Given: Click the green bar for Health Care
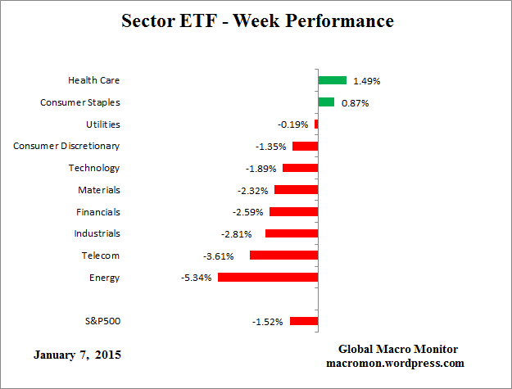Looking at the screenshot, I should click(332, 80).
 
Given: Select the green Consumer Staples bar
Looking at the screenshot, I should click(326, 102).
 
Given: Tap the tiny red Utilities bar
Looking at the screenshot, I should click(316, 124).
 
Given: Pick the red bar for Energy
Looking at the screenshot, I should click(268, 278).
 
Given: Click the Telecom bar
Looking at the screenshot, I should click(283, 256).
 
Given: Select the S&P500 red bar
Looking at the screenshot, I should click(303, 321).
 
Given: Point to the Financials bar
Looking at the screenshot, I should click(293, 212).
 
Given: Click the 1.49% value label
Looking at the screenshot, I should click(366, 81).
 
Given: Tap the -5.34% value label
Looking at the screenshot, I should click(197, 278).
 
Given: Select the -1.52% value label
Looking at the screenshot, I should click(268, 322).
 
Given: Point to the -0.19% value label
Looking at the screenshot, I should click(293, 124).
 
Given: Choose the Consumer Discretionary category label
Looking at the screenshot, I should click(66, 146).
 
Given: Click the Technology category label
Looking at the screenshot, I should click(93, 168).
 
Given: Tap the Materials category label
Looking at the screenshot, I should click(98, 190).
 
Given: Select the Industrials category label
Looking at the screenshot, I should click(97, 233).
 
